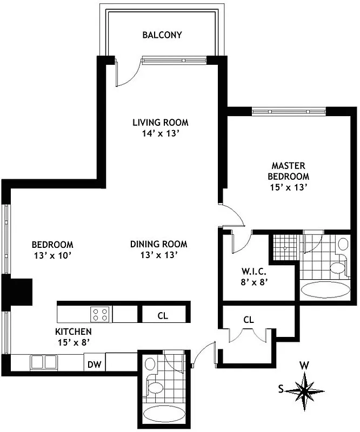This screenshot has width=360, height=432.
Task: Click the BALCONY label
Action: [x=162, y=35]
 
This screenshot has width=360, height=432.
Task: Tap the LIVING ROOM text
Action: [x=160, y=123]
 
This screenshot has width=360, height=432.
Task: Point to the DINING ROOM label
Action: [x=158, y=244]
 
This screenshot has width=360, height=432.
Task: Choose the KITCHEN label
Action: [x=73, y=332]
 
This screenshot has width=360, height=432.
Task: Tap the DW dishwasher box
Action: [x=94, y=364]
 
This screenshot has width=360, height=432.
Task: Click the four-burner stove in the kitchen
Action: [x=101, y=314]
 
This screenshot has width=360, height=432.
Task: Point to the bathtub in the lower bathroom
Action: [x=165, y=415]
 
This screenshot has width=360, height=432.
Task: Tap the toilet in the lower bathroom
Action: [x=155, y=387]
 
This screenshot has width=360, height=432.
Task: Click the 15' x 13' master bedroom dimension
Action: [x=289, y=188]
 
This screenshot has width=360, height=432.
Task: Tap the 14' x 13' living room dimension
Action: [x=160, y=134]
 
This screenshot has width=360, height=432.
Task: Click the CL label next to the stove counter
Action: [x=163, y=316]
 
